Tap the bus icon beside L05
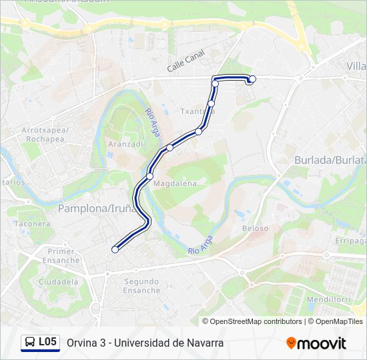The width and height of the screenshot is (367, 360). [x=30, y=343]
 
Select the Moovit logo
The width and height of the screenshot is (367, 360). [x=316, y=343]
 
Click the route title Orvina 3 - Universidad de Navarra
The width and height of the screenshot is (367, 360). [x=145, y=343]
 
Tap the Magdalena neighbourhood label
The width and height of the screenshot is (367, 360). [x=175, y=183]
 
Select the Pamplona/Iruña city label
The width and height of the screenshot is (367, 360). [x=97, y=208]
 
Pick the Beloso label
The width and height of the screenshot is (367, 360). [x=255, y=228]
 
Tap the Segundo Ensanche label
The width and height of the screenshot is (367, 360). [x=141, y=285]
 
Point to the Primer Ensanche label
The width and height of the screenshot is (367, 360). [x=61, y=255]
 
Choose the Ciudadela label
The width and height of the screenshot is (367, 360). [x=58, y=282]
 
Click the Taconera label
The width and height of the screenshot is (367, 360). [x=32, y=223]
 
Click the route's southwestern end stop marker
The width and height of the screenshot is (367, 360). [x=115, y=249]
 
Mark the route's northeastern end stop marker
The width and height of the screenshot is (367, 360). [x=252, y=79]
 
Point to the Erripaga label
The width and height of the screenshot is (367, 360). [x=351, y=240]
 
